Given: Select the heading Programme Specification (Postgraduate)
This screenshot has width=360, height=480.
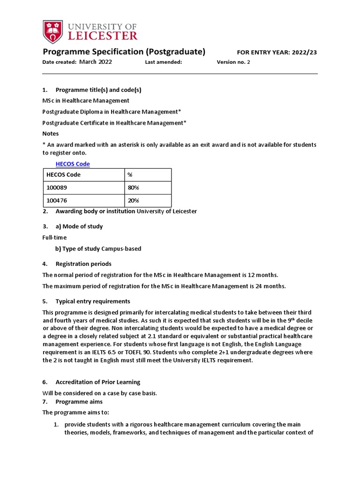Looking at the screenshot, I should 124,52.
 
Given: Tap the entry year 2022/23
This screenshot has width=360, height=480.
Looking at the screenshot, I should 304,52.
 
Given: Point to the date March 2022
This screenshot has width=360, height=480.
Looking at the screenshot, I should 96,62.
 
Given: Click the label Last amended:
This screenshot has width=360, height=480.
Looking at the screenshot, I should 163,62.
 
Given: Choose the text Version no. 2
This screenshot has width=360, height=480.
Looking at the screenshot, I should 233,62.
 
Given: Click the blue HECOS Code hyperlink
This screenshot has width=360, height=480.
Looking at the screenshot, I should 73,164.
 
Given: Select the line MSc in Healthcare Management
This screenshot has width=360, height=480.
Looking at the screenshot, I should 86,100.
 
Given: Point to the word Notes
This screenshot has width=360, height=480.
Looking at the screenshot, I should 51,134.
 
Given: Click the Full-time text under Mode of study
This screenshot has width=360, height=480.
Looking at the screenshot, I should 54,238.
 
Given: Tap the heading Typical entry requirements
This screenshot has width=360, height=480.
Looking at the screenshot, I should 93,301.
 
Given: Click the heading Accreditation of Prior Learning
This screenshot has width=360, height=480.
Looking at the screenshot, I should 97,382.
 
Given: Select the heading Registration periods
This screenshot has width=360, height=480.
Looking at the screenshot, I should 83,264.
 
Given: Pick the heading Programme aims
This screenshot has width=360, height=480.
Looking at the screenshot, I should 79,402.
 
